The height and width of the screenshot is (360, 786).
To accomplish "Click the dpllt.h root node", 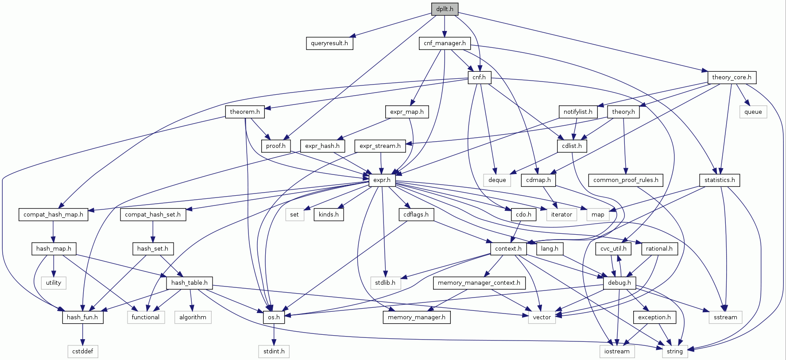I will click(x=445, y=9).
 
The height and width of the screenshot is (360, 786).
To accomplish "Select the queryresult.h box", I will click(x=329, y=43).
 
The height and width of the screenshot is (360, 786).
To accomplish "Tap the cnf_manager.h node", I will click(x=445, y=43).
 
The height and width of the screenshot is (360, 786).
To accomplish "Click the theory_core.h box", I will click(x=732, y=77).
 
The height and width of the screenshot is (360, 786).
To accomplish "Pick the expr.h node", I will click(x=382, y=180).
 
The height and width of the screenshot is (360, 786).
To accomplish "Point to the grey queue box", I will click(x=753, y=112).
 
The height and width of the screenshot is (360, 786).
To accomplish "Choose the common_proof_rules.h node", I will click(x=625, y=180).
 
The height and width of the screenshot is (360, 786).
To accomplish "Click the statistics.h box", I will click(x=719, y=180).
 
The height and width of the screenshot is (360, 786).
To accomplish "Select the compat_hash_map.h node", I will click(x=53, y=215).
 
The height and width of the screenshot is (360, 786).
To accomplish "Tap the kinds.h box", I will click(x=329, y=215).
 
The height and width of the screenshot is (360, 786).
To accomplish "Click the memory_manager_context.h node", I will click(x=479, y=283).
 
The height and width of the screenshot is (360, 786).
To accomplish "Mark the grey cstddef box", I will click(x=83, y=352).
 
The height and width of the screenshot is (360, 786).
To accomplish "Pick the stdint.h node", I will click(x=274, y=352).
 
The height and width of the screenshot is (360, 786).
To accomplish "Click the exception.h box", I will click(x=654, y=317).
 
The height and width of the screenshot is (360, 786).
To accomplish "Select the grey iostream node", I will click(x=617, y=352).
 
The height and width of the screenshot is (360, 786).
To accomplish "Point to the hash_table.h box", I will click(x=189, y=283).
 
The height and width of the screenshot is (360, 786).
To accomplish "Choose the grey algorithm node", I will click(x=193, y=317).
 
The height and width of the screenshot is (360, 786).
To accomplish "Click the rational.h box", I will click(x=659, y=249).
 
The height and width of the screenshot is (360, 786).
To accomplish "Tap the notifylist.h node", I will click(x=577, y=112).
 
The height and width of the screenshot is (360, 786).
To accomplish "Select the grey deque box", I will click(x=497, y=180).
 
